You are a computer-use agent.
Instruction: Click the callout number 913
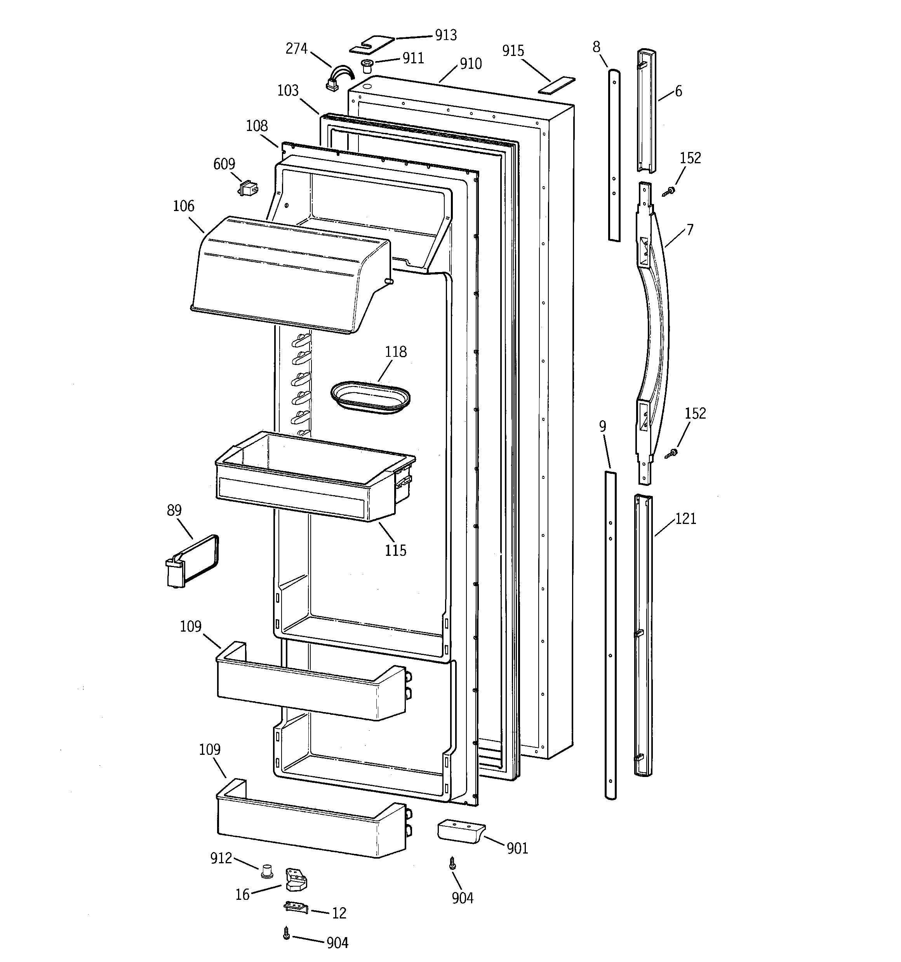[445, 35]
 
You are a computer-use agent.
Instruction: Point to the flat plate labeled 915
[557, 85]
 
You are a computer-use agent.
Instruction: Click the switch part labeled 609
[249, 188]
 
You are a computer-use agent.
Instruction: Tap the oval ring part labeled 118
[370, 397]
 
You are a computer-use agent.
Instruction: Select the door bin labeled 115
[310, 479]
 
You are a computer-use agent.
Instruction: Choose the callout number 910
[471, 63]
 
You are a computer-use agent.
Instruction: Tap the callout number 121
[685, 519]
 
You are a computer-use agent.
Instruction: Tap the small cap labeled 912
[266, 871]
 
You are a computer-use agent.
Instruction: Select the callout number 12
[339, 913]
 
